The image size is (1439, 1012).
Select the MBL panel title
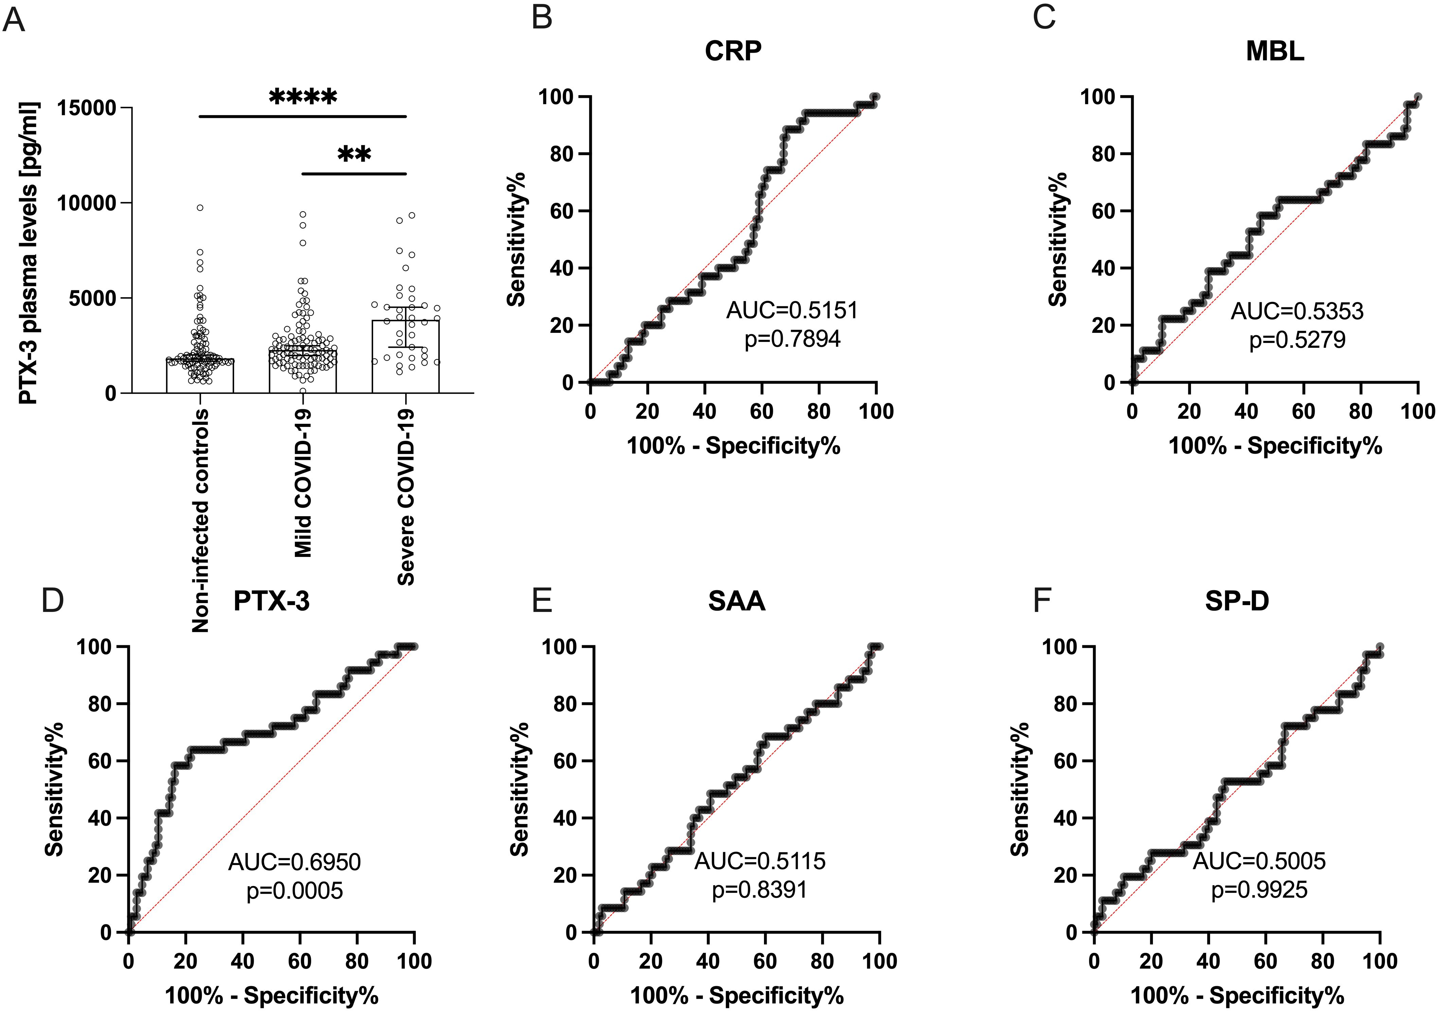pos(1275,51)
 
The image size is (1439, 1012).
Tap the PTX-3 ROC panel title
pos(271,600)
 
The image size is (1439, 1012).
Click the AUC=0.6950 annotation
pos(295,862)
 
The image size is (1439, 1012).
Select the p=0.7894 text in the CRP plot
pos(792,339)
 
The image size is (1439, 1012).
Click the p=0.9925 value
pos(1259,890)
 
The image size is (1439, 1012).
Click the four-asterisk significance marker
pos(303,97)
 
